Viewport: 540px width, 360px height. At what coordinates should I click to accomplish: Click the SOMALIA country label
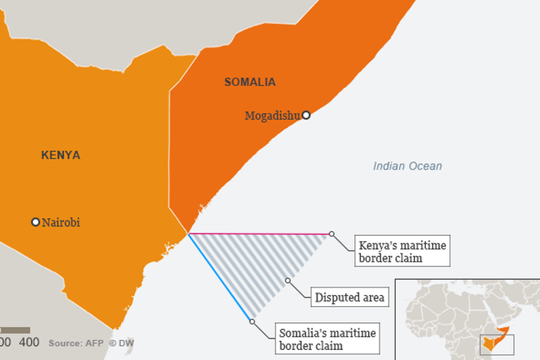point(249,82)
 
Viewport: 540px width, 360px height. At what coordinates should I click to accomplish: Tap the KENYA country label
point(60,155)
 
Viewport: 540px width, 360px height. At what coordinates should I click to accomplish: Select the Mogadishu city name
point(272,116)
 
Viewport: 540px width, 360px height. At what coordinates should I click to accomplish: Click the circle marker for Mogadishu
point(306,115)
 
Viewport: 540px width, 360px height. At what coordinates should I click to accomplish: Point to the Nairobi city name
point(61,223)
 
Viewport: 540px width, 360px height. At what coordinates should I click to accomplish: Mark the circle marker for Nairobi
point(35,222)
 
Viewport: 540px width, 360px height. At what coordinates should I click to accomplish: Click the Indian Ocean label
point(407,166)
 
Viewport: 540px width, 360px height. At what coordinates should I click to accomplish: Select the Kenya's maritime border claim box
point(401,252)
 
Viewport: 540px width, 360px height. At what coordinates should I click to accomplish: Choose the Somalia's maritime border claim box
point(327,340)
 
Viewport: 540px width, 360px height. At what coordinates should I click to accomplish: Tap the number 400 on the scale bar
point(29,341)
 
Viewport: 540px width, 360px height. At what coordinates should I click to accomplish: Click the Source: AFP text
point(75,342)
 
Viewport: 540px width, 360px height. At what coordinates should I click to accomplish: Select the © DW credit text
point(122,342)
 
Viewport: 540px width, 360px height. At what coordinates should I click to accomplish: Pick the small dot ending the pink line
point(332,234)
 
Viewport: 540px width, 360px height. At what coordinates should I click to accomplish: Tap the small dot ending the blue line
point(251,321)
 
